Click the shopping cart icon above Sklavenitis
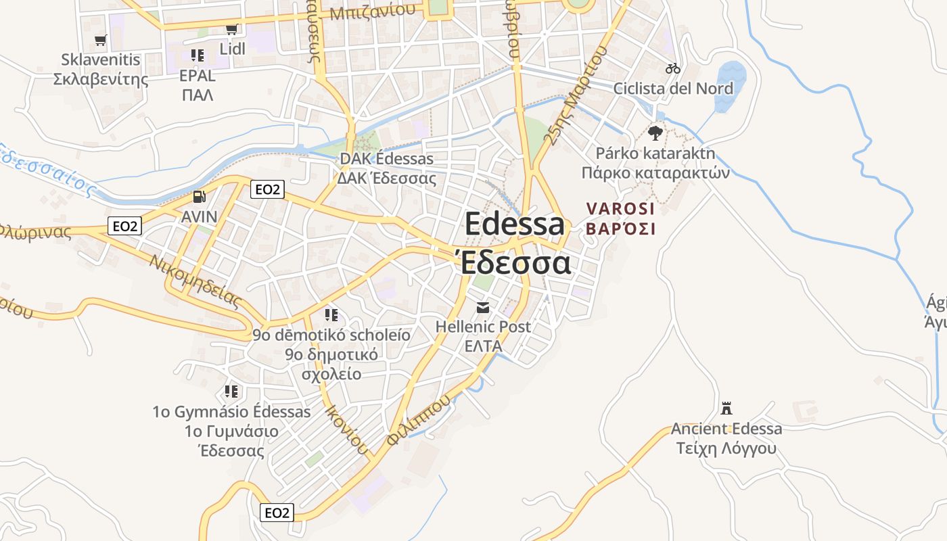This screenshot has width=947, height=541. point(101,40)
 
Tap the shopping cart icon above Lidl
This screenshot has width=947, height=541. point(231,30)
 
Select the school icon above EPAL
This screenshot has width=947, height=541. point(197,55)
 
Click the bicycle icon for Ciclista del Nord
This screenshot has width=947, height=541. point(672,68)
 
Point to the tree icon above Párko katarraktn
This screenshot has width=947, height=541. point(655,133)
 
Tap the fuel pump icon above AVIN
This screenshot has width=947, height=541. point(199,197)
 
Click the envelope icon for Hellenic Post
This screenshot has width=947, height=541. point(483,308)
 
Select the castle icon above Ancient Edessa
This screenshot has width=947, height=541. point(726,408)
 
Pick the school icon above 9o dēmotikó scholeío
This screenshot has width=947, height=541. point(331,315)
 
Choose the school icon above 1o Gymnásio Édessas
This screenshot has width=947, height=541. point(231,392)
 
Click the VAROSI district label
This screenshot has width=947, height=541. point(620,209)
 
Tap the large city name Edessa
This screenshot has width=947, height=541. point(514,224)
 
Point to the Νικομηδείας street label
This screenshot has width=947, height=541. point(197,281)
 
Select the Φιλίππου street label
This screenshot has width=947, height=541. point(419,420)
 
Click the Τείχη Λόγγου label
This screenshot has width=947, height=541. point(726,448)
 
